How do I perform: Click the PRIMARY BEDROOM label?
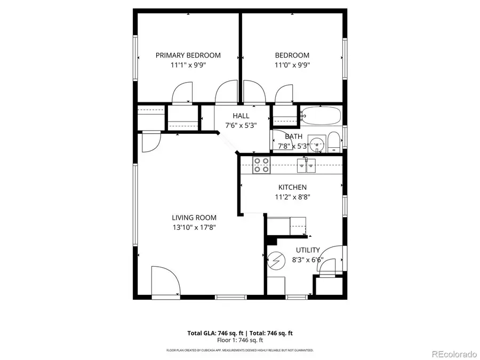[188, 55]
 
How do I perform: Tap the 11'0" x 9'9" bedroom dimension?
[292, 65]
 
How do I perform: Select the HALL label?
[241, 116]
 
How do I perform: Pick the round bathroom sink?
[317, 143]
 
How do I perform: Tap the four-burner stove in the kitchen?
[261, 165]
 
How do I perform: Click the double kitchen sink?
[307, 166]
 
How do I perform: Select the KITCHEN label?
[292, 187]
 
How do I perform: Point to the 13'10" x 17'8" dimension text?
[194, 227]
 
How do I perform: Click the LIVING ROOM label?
[194, 218]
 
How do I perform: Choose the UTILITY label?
[308, 250]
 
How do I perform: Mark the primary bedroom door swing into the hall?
[226, 92]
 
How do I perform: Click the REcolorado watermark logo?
[454, 353]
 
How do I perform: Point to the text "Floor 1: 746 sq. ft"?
[240, 340]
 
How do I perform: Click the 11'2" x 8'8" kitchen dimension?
[292, 197]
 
